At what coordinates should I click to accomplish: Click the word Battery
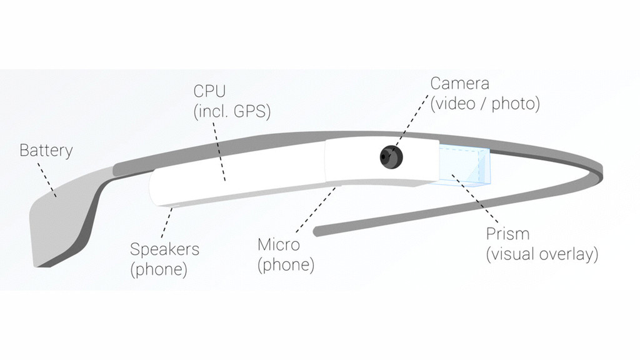(x=46, y=151)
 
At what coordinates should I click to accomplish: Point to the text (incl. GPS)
(x=232, y=112)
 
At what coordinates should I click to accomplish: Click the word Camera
(x=459, y=83)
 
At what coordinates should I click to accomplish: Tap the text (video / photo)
(x=484, y=103)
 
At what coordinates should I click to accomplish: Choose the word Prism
(x=507, y=234)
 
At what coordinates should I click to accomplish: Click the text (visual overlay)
(x=542, y=254)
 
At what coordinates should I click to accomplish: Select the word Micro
(x=279, y=244)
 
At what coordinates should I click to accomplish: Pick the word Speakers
(x=164, y=249)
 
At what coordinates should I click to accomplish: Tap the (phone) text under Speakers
(x=159, y=270)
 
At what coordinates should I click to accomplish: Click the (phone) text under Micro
(x=286, y=265)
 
